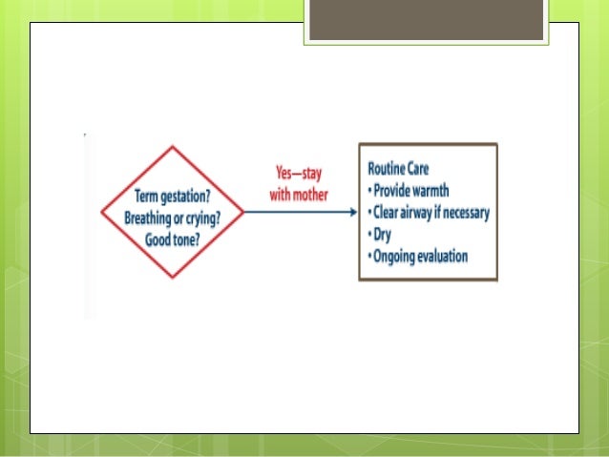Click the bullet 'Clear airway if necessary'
coord(429,213)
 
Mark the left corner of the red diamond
coord(101,213)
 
